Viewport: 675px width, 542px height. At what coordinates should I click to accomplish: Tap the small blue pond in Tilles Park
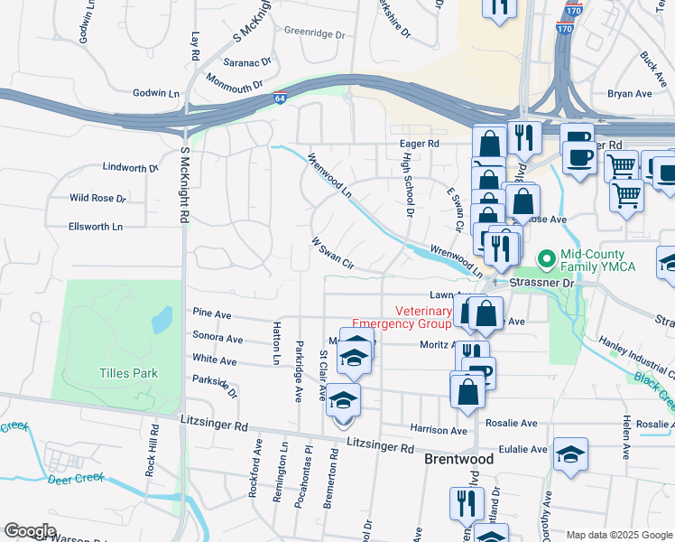tap(162, 319)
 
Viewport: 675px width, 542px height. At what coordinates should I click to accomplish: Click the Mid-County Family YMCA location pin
tap(545, 259)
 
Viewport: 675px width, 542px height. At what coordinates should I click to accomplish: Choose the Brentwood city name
tap(459, 459)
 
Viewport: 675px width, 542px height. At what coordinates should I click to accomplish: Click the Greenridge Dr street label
tap(315, 33)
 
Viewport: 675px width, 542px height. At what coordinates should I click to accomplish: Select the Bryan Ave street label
tap(629, 93)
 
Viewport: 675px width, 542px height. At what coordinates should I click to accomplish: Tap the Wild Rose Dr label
tap(97, 198)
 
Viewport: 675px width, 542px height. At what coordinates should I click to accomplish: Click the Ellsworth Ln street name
tap(95, 227)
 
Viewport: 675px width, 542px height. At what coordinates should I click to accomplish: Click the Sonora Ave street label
tap(217, 339)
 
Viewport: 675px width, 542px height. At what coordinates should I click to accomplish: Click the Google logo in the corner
tap(30, 531)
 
